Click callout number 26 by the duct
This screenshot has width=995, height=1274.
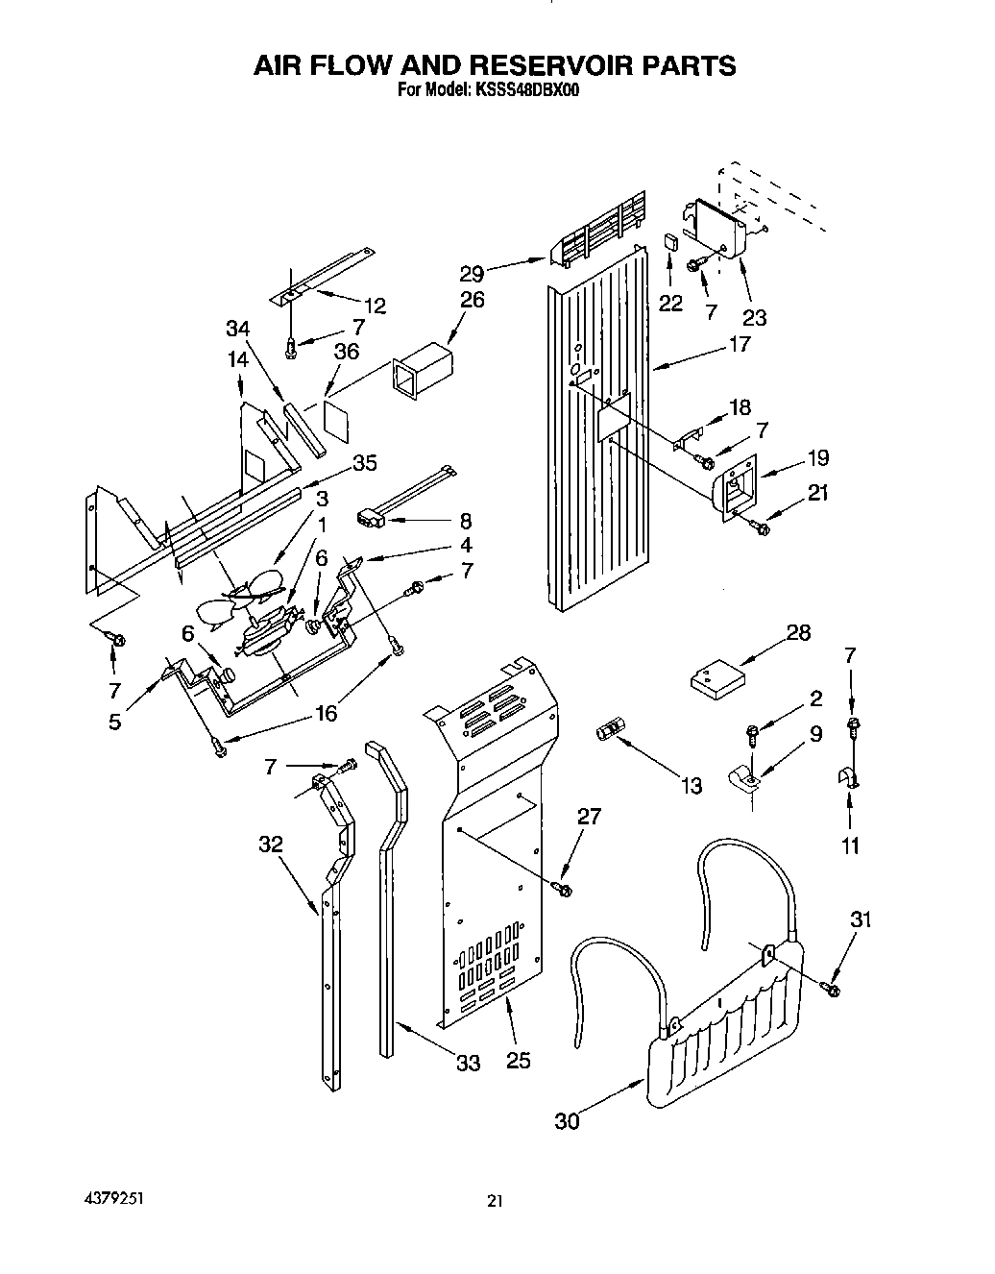point(472,300)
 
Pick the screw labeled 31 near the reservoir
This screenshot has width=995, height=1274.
point(831,987)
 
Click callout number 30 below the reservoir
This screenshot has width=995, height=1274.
point(567,1120)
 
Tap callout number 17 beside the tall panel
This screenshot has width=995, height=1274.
point(739,343)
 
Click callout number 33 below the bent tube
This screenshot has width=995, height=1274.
point(468,1064)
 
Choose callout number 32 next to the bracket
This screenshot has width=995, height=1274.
point(271,844)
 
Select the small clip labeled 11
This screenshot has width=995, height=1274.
point(848,776)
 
